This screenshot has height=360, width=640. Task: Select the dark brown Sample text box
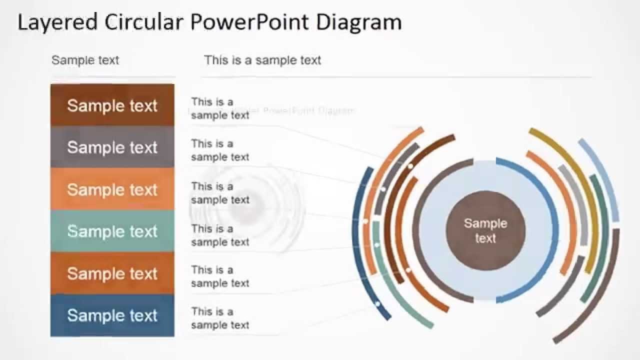pyautogui.click(x=112, y=105)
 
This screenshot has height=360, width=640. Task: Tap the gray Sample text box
pyautogui.click(x=112, y=147)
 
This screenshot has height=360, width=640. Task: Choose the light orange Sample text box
pyautogui.click(x=112, y=189)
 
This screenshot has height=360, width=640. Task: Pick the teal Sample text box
pyautogui.click(x=112, y=231)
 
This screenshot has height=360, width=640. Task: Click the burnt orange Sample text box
pyautogui.click(x=112, y=273)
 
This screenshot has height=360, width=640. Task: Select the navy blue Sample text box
pyautogui.click(x=112, y=315)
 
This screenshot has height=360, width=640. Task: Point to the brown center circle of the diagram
pyautogui.click(x=485, y=230)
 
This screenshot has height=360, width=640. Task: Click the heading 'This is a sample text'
pyautogui.click(x=262, y=60)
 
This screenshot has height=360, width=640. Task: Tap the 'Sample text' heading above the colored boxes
pyautogui.click(x=85, y=60)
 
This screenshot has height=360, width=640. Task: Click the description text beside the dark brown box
pyautogui.click(x=220, y=108)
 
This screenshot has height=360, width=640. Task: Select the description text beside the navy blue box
pyautogui.click(x=220, y=318)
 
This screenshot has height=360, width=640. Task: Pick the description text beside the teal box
pyautogui.click(x=220, y=235)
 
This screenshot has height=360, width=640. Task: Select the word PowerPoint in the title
pyautogui.click(x=250, y=22)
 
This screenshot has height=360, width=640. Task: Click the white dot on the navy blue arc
pyautogui.click(x=377, y=303)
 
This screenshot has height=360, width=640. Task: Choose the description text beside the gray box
pyautogui.click(x=220, y=150)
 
